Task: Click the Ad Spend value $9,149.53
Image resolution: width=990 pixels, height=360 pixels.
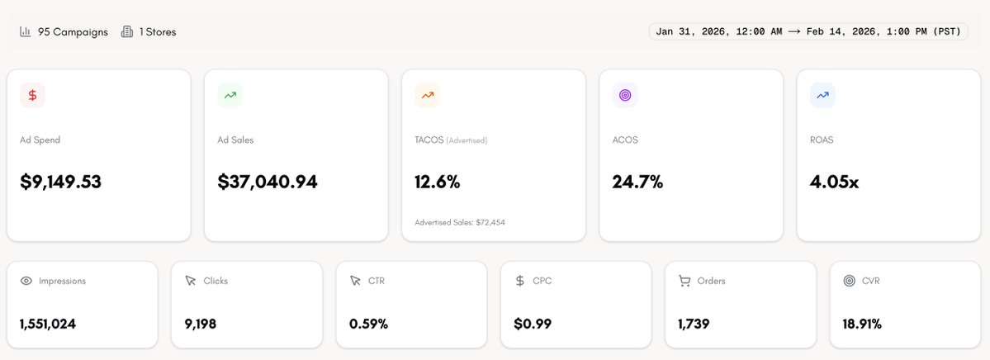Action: coord(61,182)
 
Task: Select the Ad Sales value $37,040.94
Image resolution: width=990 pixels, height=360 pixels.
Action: coord(268,182)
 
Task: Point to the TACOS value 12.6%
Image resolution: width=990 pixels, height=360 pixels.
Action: coord(438,182)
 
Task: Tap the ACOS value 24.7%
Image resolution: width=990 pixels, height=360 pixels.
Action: coord(637,182)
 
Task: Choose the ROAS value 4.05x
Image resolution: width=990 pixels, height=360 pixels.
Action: coord(834,182)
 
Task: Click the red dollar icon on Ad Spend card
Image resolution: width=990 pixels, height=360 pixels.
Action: coord(32,95)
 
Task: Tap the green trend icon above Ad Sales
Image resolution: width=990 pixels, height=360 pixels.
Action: coord(230,95)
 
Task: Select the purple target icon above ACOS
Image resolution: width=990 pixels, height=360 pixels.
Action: coord(625,95)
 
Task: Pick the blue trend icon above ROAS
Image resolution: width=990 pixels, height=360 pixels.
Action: coord(822,95)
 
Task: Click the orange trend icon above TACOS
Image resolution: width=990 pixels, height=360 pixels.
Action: coord(427,95)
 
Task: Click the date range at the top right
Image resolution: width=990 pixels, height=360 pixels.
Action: coord(808,31)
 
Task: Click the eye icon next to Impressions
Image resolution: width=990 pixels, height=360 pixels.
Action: coord(26,281)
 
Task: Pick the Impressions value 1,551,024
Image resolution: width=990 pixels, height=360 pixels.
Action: coord(48,324)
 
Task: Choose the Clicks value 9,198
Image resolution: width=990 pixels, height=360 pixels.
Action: coord(200,324)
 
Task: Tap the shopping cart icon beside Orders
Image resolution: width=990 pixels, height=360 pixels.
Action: coord(684,281)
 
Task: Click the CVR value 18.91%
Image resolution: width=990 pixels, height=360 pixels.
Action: coord(862,324)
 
